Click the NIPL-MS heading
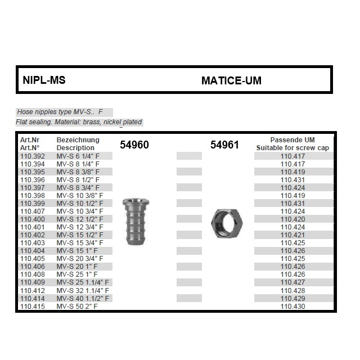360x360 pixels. pyautogui.click(x=44, y=80)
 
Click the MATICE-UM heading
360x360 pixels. pyautogui.click(x=231, y=80)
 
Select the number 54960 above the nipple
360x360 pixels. pyautogui.click(x=134, y=145)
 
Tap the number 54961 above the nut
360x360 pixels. pyautogui.click(x=224, y=145)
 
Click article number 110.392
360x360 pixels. pyautogui.click(x=32, y=156)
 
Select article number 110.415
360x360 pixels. pyautogui.click(x=32, y=306)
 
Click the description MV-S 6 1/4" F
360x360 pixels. pyautogui.click(x=78, y=156)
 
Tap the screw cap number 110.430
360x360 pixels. pyautogui.click(x=292, y=306)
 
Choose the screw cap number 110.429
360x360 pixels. pyautogui.click(x=292, y=298)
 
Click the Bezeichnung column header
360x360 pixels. pyautogui.click(x=78, y=140)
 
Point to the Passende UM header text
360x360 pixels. pyautogui.click(x=292, y=140)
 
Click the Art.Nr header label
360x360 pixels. pyautogui.click(x=30, y=140)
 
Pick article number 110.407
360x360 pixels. pyautogui.click(x=32, y=211)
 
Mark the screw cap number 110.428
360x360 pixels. pyautogui.click(x=292, y=290)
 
